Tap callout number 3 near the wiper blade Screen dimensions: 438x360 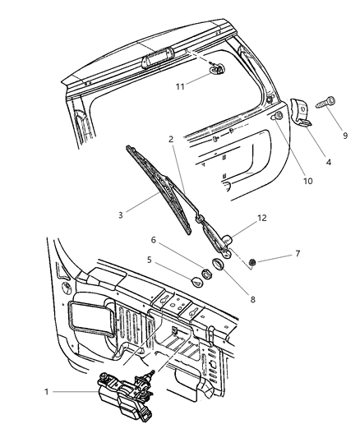point(120,214)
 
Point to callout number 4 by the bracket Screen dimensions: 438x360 point(329,163)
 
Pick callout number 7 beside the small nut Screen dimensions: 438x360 point(298,253)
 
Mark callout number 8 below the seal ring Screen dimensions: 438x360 point(253,300)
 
